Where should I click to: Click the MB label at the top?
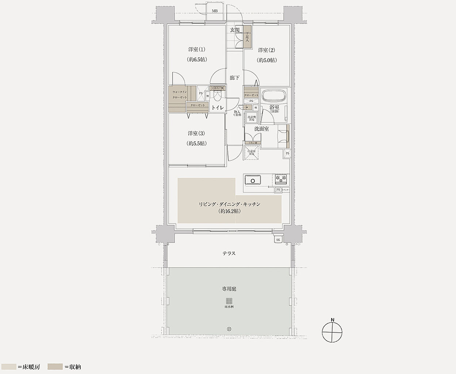215,11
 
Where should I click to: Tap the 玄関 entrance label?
235,30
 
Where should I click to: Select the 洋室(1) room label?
197,49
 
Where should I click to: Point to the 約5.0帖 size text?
267,60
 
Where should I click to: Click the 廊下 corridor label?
235,78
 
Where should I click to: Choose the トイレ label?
218,107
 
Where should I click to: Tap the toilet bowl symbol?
218,96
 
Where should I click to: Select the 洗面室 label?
261,129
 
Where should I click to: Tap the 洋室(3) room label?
197,133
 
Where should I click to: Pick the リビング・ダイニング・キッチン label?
230,204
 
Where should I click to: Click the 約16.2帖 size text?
230,211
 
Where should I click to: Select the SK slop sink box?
278,240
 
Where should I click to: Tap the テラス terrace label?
229,253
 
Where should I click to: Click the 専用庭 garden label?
229,289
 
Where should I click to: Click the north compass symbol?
332,332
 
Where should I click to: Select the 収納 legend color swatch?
54,366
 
